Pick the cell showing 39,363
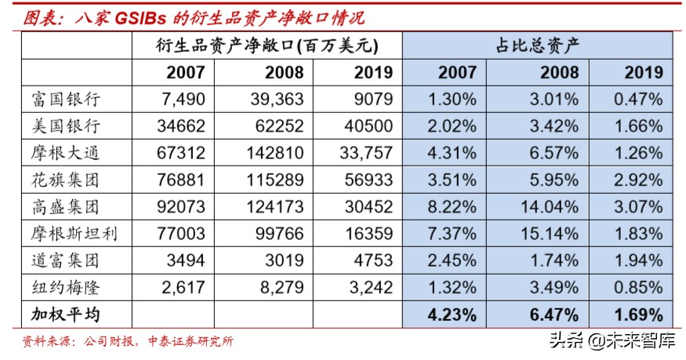point(274,100)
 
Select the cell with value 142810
point(274,153)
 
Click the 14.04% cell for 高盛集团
point(550,206)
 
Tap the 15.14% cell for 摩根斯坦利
point(550,234)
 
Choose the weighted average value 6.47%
point(550,315)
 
